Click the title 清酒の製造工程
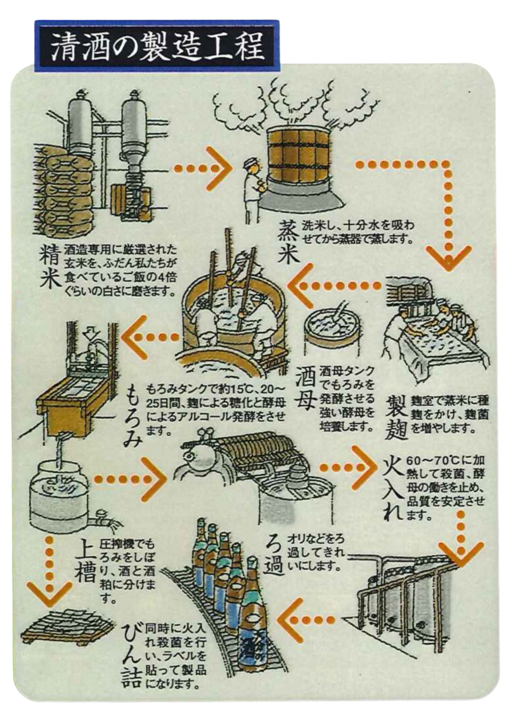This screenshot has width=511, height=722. [x=156, y=45]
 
